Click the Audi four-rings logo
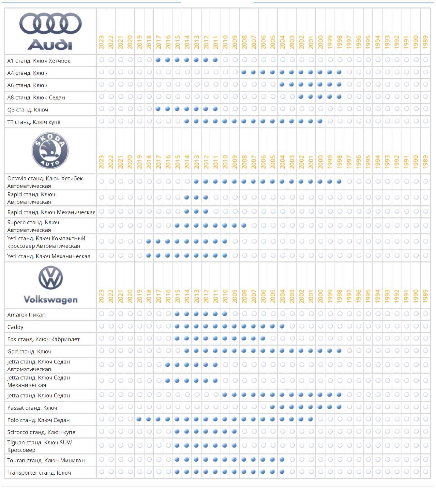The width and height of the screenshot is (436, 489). tap(51, 23)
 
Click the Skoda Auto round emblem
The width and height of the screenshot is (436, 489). tap(50, 151)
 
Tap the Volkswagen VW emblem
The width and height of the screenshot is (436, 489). tap(51, 278)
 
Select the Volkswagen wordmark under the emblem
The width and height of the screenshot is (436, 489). tap(51, 300)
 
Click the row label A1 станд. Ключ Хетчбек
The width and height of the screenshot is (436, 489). tap(38, 61)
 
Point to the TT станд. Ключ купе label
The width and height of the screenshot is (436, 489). tap(34, 122)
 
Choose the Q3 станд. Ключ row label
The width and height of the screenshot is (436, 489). tap(28, 110)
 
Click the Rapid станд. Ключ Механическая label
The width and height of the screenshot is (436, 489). tap(51, 212)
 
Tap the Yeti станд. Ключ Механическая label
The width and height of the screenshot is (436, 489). tap(49, 256)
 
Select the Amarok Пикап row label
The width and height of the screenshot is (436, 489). tap(26, 315)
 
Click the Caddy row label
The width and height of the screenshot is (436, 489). tap(15, 327)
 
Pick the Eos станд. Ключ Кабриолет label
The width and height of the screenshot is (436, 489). tap(43, 339)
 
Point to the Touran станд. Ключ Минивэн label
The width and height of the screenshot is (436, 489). tap(46, 460)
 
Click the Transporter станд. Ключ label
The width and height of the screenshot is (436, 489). tap(39, 473)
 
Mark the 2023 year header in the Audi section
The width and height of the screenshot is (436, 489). tap(101, 42)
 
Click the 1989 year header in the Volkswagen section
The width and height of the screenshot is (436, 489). tap(425, 296)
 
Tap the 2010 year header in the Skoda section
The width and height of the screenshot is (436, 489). tap(225, 162)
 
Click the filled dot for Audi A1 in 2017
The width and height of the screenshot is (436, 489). tap(158, 60)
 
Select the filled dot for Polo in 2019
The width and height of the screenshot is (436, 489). tap(139, 419)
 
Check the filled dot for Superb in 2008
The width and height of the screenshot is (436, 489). tap(244, 225)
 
